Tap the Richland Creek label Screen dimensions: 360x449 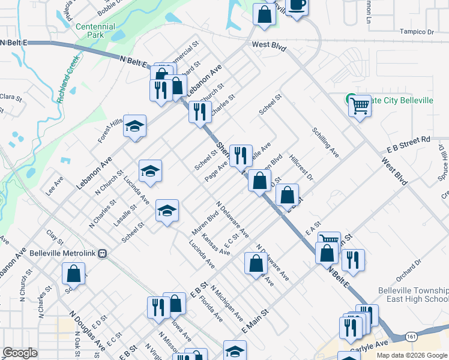click(x=69, y=80)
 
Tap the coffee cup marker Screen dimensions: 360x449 click(x=297, y=5)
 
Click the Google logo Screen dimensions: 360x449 click(x=20, y=353)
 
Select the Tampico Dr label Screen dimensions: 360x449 click(x=417, y=32)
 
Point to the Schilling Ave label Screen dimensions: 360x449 click(x=325, y=142)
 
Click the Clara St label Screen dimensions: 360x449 click(x=10, y=97)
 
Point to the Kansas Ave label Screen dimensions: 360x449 click(x=215, y=244)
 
